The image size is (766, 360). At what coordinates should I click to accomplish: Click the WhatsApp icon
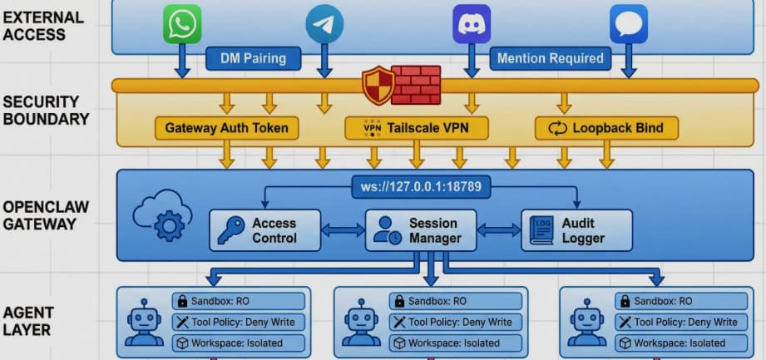point(181,24)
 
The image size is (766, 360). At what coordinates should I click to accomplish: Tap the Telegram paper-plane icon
point(324,24)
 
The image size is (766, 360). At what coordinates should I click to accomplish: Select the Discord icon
point(472,24)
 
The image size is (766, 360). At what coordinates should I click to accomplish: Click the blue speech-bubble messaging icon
point(628,24)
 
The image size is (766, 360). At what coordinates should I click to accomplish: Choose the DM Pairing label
point(253,59)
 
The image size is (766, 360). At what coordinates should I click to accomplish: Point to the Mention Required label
point(550,59)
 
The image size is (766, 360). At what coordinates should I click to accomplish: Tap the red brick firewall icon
point(415,85)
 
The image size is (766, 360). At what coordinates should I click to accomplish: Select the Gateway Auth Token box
point(226,128)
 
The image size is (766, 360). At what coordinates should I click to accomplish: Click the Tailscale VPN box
point(417,128)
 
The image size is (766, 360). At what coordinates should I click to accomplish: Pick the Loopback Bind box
point(606,128)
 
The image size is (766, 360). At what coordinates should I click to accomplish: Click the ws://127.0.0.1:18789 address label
point(421,188)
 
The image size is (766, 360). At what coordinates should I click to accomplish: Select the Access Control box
point(264,230)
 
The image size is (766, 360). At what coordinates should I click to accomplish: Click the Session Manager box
point(422,230)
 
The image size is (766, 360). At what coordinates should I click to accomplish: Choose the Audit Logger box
point(576,230)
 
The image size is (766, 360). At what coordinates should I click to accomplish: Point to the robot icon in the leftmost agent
point(144,323)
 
